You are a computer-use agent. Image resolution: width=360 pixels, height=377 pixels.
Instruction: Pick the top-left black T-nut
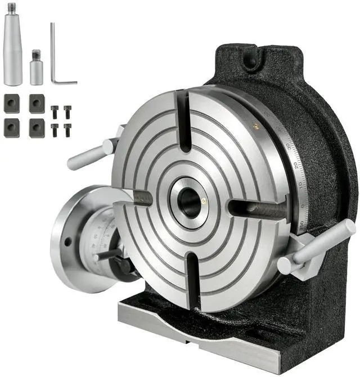[x=12, y=103]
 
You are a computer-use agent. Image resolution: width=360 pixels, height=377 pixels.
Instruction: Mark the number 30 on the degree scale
[x=290, y=147]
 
